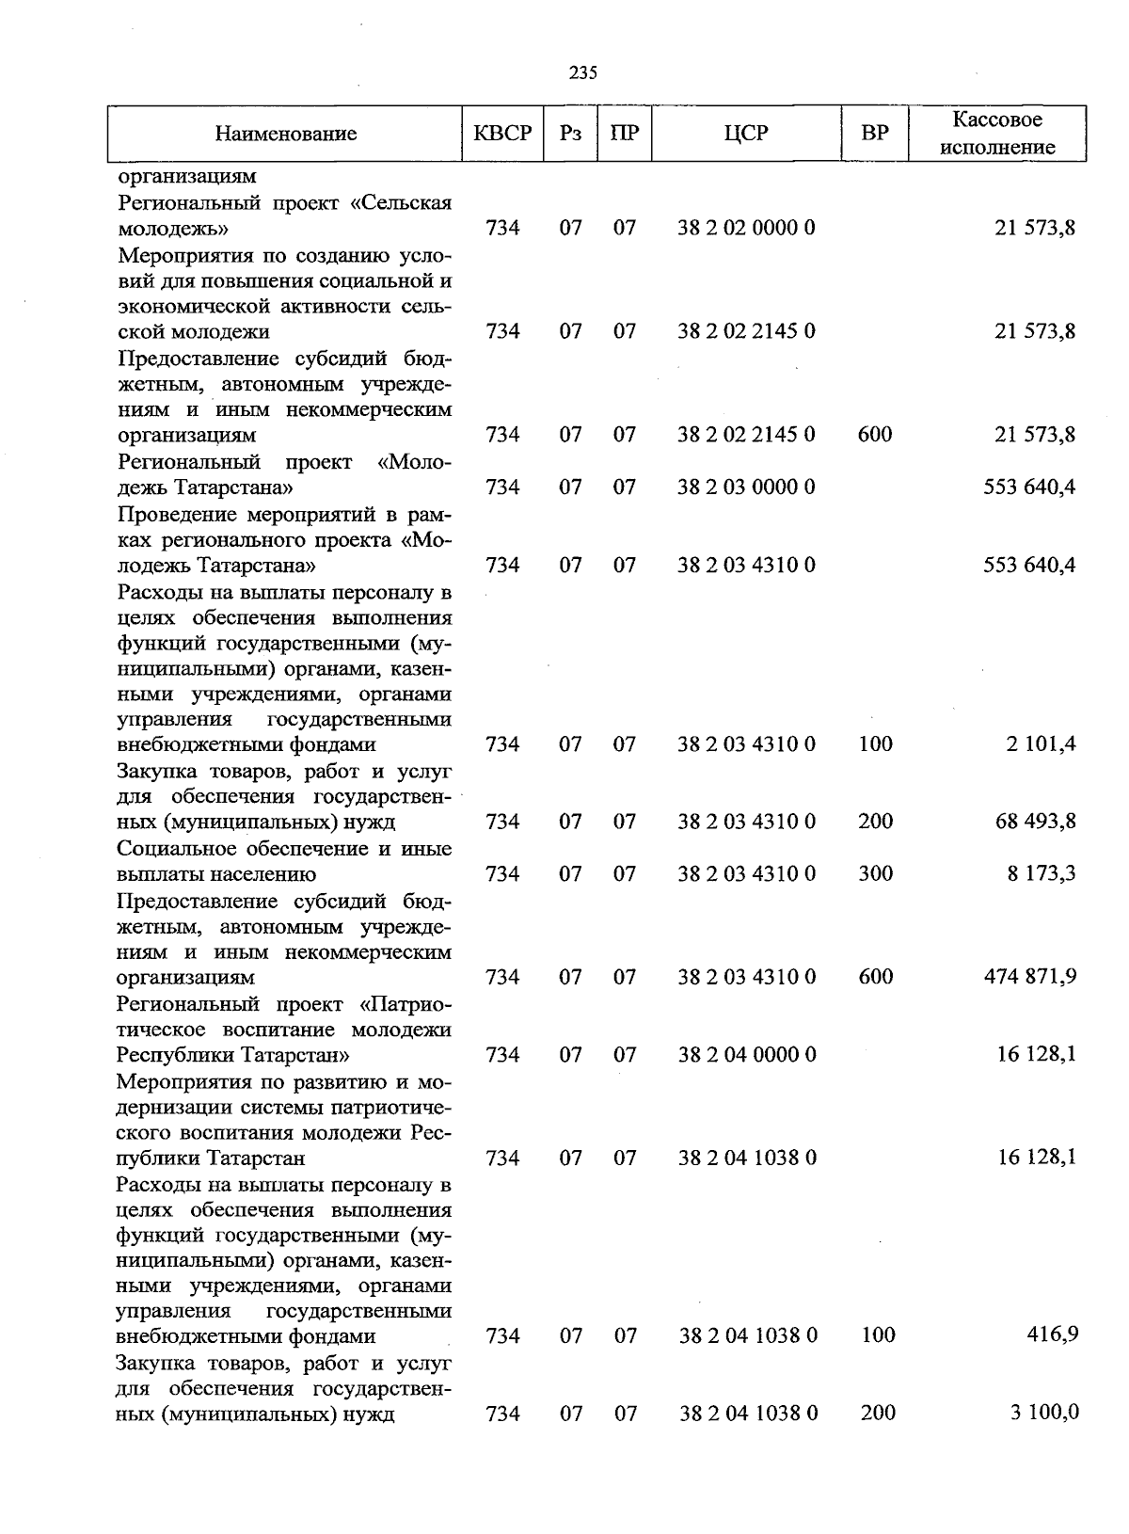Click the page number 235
(583, 73)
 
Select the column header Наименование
(286, 134)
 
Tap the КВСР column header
(502, 134)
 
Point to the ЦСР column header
(746, 134)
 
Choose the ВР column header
(875, 134)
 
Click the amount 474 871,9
(1029, 977)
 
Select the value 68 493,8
(1036, 822)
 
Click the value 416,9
(1055, 1334)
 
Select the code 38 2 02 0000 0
(747, 228)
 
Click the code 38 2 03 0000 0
(747, 487)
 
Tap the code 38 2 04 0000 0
(747, 1055)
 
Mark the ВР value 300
(875, 874)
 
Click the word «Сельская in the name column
(407, 202)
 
